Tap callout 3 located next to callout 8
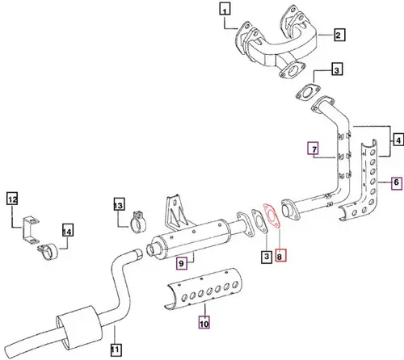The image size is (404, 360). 264,257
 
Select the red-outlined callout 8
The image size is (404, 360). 280,257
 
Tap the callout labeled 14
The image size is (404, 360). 68,232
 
